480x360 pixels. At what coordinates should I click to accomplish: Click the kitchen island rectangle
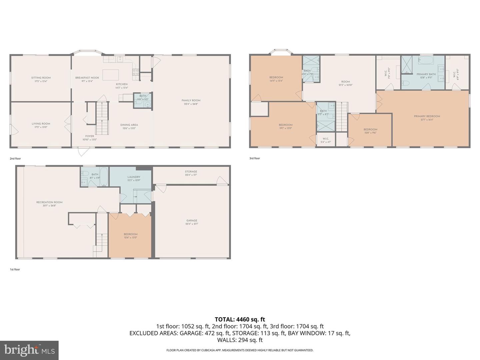point(111,75)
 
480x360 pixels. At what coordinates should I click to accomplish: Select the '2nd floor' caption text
point(15,159)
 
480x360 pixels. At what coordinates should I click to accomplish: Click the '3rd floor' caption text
point(255,158)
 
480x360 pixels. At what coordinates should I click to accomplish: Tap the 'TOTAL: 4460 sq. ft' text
point(240,319)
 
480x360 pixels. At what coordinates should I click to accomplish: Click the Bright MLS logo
point(29,350)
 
